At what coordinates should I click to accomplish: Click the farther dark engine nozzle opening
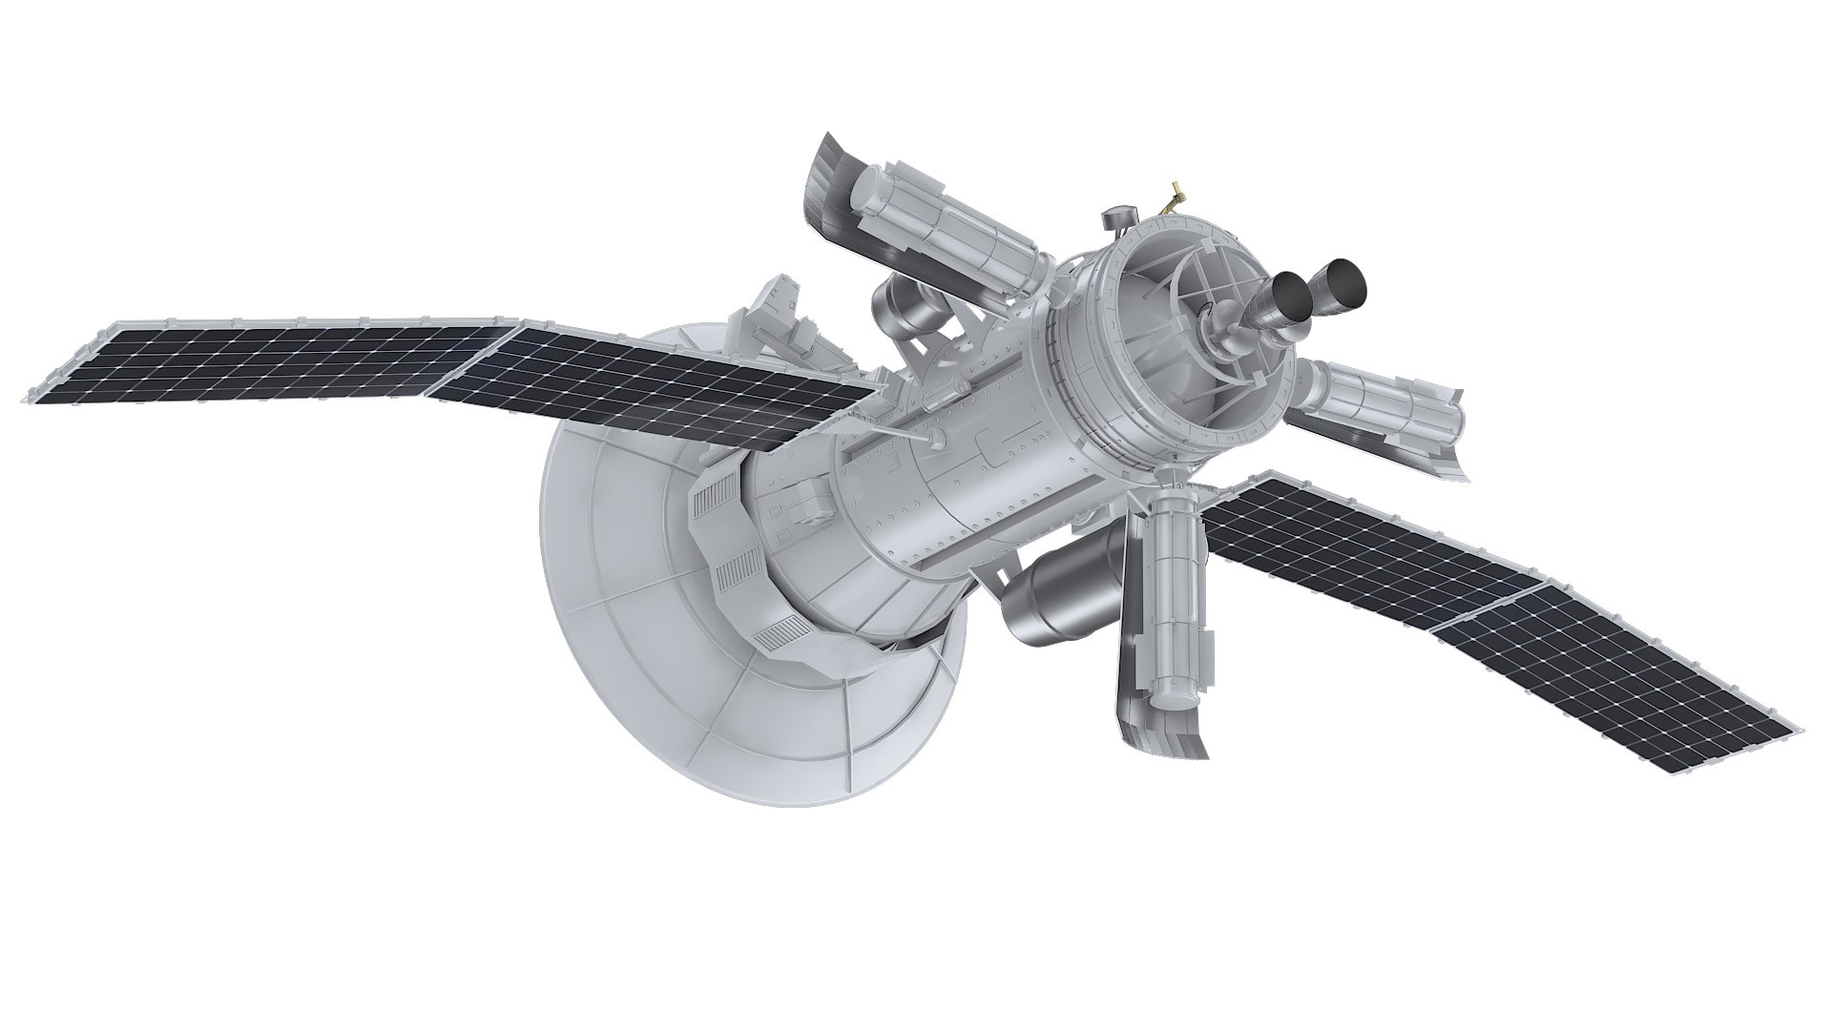click(x=1347, y=277)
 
